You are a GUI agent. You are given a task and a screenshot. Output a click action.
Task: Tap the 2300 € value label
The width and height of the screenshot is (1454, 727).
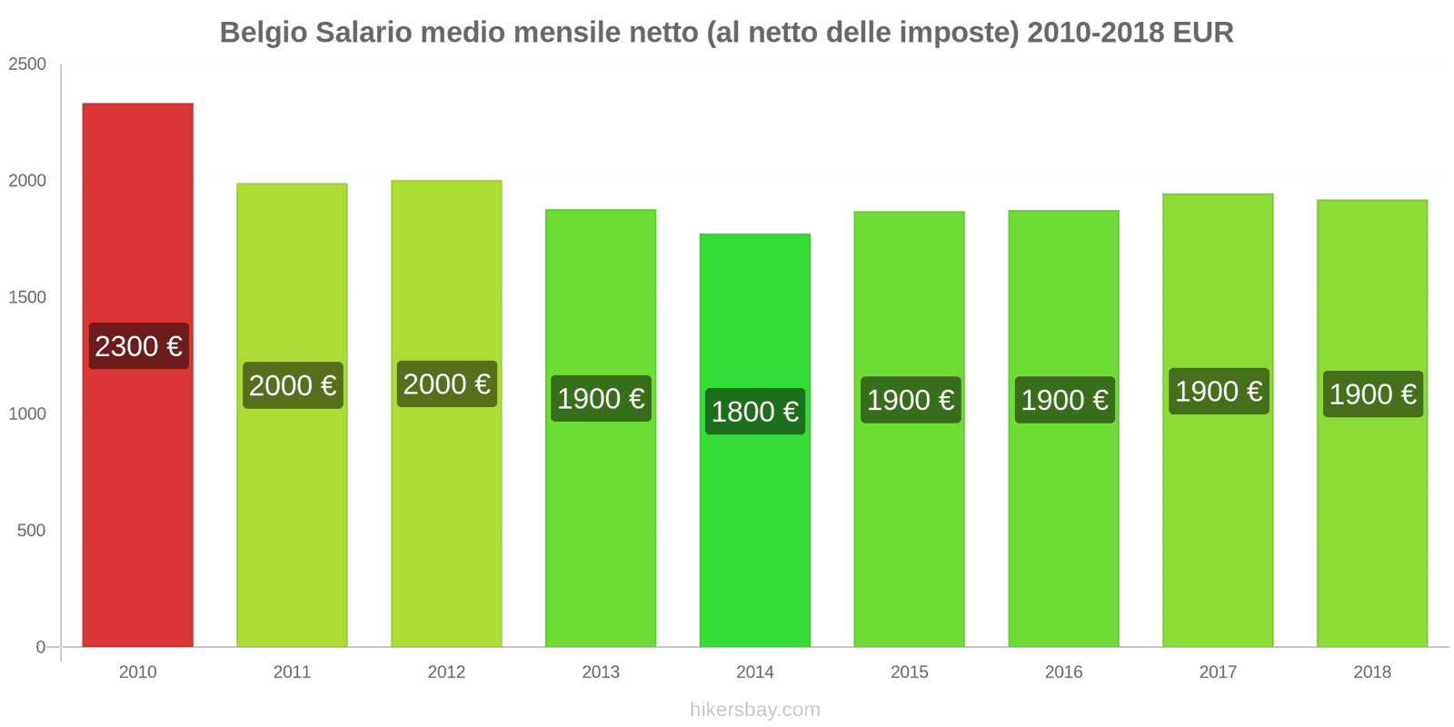[138, 346]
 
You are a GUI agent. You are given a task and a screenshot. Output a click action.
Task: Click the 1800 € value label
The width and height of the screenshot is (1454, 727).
[754, 412]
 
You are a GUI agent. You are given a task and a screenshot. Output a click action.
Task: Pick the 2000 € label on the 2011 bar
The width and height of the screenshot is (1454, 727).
[293, 385]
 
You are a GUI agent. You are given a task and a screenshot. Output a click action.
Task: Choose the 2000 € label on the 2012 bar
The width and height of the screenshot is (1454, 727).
[446, 383]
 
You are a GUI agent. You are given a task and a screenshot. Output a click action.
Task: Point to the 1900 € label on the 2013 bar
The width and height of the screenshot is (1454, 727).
[601, 398]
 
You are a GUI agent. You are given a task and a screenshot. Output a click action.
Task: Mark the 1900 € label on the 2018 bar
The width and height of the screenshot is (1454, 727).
[1372, 393]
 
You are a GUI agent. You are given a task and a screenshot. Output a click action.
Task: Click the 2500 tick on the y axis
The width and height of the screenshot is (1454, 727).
[27, 65]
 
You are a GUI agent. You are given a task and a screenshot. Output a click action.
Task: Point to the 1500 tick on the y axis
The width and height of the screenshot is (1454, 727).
[27, 297]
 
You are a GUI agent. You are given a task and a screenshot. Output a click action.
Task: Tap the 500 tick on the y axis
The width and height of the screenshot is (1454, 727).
[31, 531]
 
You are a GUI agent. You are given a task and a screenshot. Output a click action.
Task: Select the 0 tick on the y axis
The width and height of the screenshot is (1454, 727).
[40, 647]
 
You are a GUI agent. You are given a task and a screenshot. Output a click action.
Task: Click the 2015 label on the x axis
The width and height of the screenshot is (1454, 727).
[909, 672]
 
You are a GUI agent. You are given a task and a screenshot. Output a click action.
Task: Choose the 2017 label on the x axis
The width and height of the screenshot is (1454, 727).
[1218, 672]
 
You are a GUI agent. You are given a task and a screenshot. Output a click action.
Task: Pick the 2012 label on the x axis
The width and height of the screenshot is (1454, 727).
[446, 672]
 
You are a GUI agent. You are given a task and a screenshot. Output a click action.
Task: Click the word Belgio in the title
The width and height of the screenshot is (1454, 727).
[264, 33]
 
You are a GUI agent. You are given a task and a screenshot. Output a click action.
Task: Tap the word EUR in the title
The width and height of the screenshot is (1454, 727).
[1202, 33]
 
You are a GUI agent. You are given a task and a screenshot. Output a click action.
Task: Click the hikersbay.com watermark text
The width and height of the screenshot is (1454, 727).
[754, 710]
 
